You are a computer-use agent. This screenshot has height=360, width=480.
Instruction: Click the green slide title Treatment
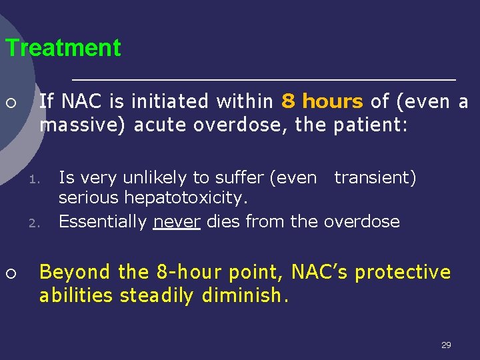pos(63,48)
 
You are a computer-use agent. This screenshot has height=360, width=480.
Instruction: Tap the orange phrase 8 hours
pos(322,101)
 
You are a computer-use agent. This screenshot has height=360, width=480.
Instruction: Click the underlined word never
pos(177,221)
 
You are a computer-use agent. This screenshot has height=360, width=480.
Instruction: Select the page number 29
pos(446,345)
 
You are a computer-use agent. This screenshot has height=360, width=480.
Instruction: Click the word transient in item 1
pos(375,177)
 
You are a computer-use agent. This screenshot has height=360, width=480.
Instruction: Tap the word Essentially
pos(103,221)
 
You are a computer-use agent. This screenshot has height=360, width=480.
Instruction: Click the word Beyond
pos(75,272)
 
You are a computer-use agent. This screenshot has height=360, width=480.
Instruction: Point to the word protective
pos(404,272)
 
